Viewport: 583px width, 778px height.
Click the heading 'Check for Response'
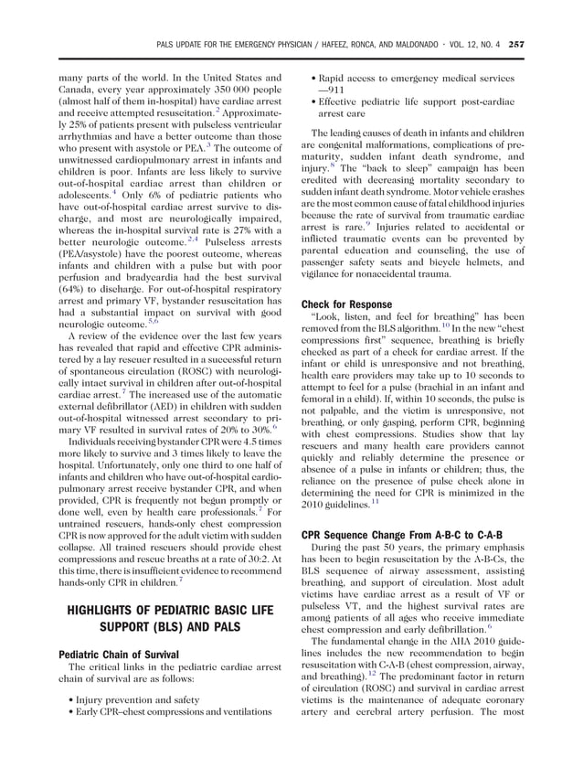coord(346,304)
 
